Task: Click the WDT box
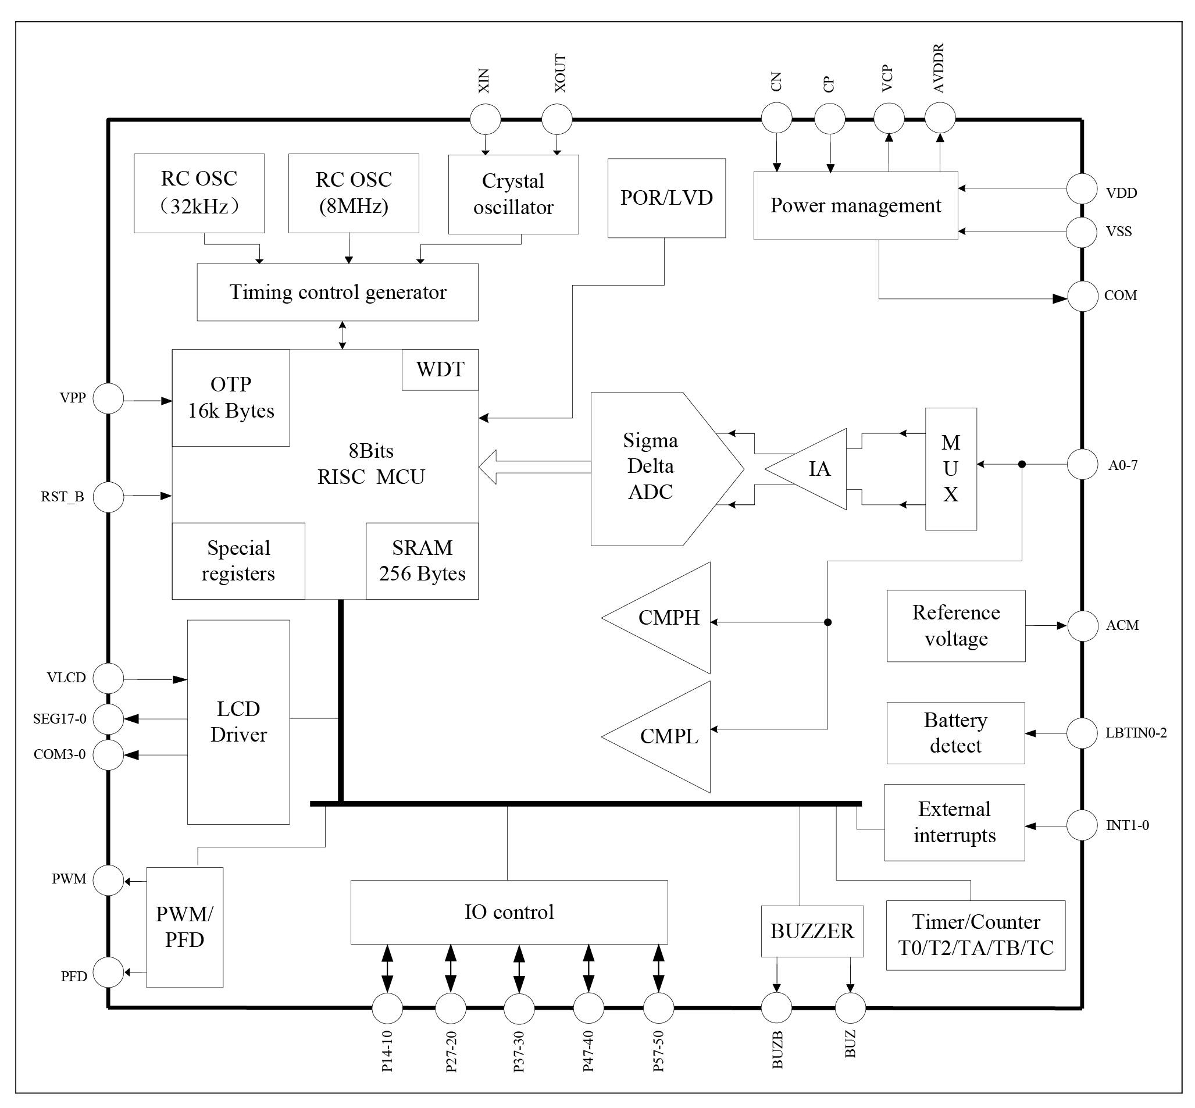[x=440, y=369]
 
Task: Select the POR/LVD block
[x=666, y=198]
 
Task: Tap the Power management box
[x=855, y=206]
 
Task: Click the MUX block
[x=951, y=469]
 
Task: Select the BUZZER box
[x=812, y=931]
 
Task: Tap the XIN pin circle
[x=485, y=119]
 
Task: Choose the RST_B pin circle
[x=109, y=497]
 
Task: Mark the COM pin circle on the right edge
[x=1082, y=296]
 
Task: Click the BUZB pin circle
[x=777, y=1008]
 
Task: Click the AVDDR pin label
[x=939, y=67]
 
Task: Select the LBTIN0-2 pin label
[x=1136, y=733]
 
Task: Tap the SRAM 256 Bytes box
[x=422, y=561]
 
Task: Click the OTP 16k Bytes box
[x=231, y=397]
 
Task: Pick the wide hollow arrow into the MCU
[x=533, y=467]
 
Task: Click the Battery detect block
[x=955, y=733]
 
